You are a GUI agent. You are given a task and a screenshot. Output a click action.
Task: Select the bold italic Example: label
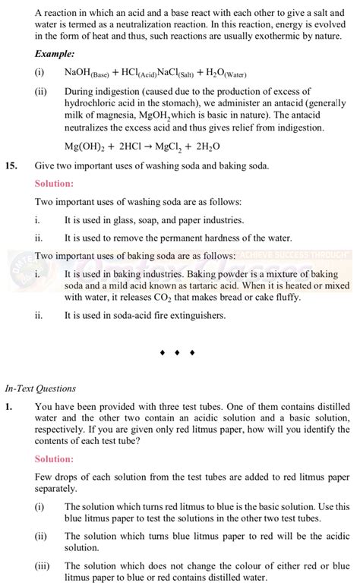[x=55, y=54]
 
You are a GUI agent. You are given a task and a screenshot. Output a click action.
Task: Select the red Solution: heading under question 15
[x=55, y=184]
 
